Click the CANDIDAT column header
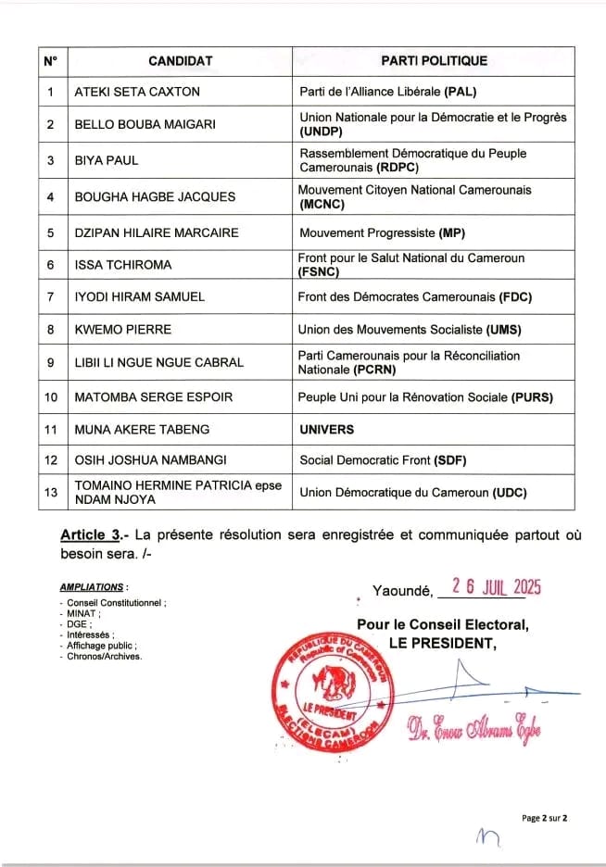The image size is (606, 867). tap(180, 61)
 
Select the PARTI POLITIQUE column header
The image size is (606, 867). tap(434, 61)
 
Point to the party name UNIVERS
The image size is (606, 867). tap(327, 429)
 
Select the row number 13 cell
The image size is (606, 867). tap(50, 493)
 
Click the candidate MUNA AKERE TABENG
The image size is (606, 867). tap(142, 429)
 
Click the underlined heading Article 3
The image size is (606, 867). tap(95, 535)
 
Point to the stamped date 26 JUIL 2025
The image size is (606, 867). tap(495, 587)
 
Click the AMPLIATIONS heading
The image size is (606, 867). tap(92, 587)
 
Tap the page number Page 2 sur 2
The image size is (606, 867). tap(544, 818)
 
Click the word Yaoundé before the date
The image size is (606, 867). tap(402, 589)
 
